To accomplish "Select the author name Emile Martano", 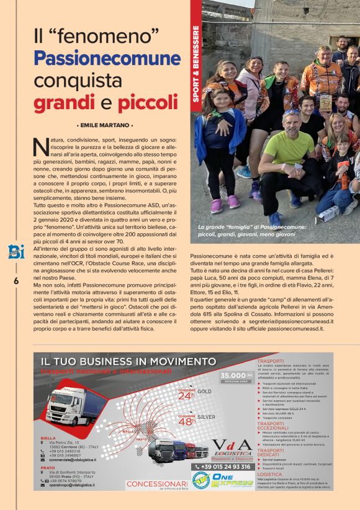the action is click(105, 125).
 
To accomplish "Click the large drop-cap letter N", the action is click(40, 146).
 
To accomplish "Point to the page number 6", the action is click(16, 281).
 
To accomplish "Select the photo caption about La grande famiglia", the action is click(251, 231).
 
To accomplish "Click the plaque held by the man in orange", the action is click(325, 103).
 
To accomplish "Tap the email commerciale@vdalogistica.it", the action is click(67, 460).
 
